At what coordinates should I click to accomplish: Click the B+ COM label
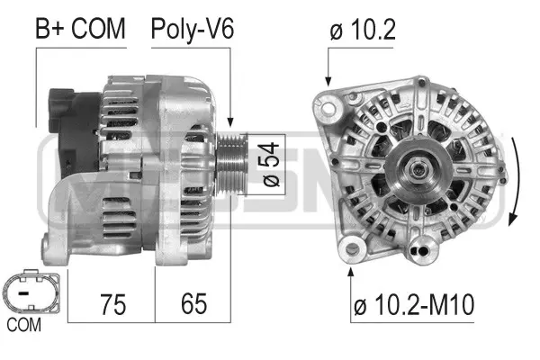[80, 29]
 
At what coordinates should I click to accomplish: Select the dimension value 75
[112, 302]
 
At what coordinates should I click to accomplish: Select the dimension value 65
[193, 302]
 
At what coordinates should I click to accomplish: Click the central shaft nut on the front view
[417, 169]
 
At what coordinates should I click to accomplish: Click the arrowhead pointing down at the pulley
[231, 122]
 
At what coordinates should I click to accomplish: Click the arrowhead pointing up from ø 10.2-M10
[351, 269]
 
